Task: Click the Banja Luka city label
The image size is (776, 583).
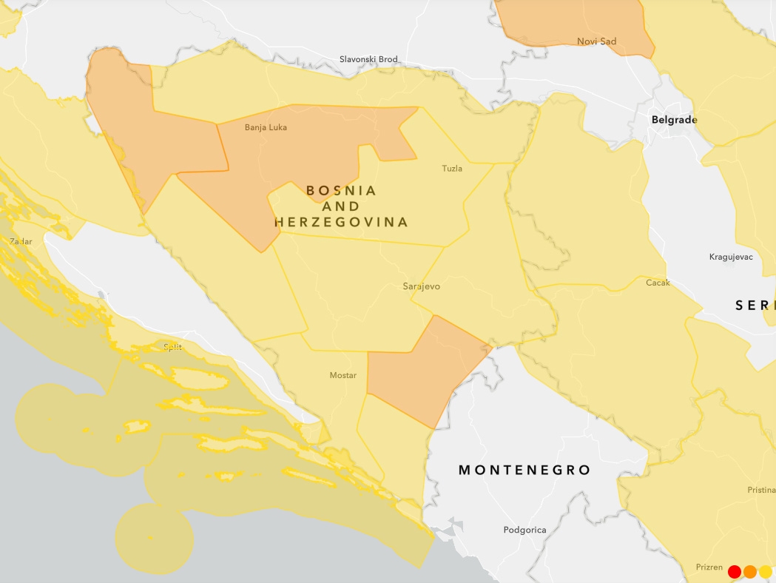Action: tap(266, 127)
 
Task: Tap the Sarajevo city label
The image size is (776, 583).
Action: tap(421, 286)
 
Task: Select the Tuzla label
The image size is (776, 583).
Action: tap(451, 169)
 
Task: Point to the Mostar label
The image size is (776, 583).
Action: tap(343, 376)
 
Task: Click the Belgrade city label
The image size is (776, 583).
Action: tap(674, 119)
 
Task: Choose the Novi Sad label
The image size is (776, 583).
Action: tap(596, 41)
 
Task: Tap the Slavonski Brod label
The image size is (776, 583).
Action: tap(368, 59)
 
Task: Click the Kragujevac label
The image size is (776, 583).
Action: tap(730, 257)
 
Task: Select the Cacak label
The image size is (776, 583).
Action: tap(658, 283)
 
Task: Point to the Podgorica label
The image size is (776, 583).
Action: tap(524, 530)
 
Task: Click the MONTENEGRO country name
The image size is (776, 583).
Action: tap(524, 470)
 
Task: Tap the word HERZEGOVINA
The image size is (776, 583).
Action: tap(341, 222)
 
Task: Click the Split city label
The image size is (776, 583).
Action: tap(172, 347)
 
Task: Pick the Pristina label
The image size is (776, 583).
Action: tap(761, 490)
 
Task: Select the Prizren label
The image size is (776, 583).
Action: tap(709, 567)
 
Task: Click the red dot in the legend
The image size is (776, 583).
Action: tap(735, 571)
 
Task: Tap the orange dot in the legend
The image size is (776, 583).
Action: tap(750, 571)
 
